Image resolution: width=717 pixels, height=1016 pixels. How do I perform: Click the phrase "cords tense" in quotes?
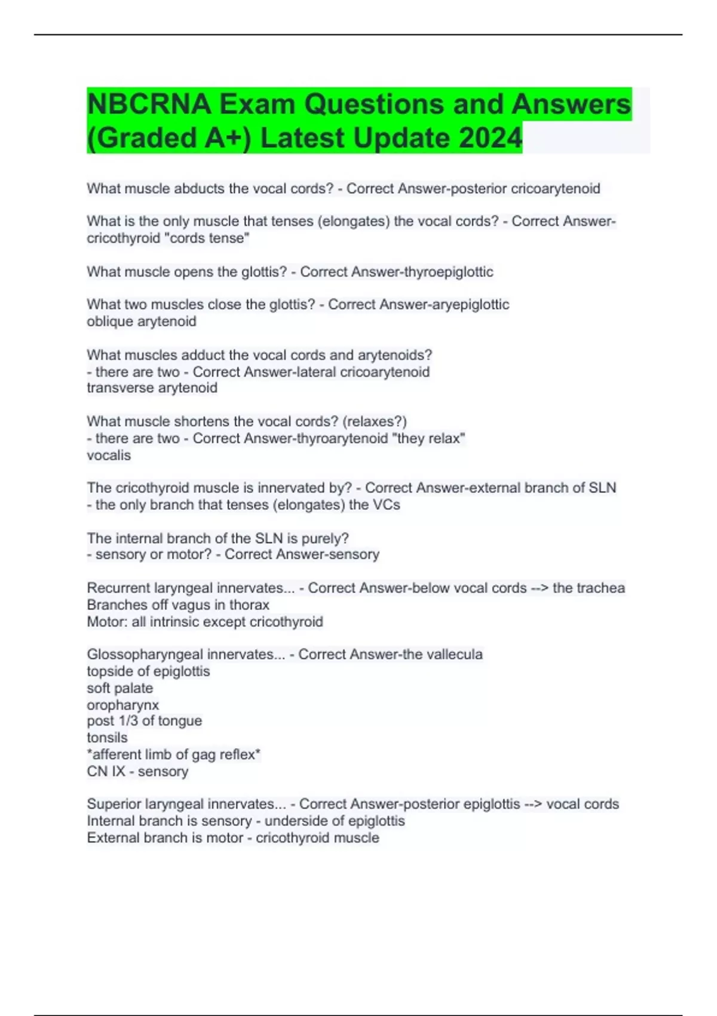(207, 238)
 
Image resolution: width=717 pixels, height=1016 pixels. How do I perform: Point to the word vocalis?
(109, 455)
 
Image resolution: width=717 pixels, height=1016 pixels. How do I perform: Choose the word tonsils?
(107, 737)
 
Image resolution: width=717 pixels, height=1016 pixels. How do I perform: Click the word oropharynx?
(122, 705)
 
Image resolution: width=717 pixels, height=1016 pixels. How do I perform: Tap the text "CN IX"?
(106, 771)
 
